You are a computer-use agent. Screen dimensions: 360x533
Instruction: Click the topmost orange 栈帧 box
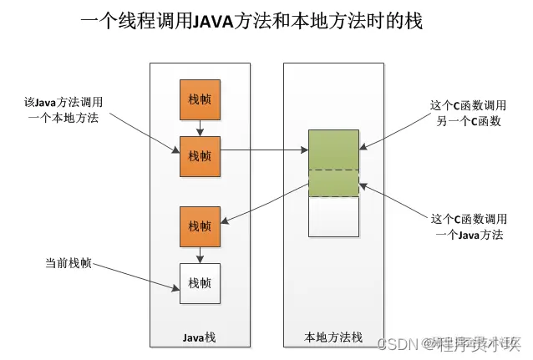tap(200, 99)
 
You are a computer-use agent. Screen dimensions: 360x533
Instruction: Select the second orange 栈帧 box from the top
tap(200, 156)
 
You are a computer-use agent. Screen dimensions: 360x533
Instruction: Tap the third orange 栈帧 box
tap(200, 226)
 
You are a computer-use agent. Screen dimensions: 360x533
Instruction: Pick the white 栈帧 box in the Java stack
tap(200, 282)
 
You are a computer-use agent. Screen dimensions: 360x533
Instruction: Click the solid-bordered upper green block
tap(333, 150)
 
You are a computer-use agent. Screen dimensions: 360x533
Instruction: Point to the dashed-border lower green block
tap(333, 183)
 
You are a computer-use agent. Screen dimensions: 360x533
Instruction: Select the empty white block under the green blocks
tap(333, 216)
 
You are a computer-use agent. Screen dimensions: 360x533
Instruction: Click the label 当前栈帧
tap(68, 263)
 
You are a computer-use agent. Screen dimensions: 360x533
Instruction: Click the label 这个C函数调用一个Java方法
tap(467, 227)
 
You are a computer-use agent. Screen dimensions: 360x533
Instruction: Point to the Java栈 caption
tap(200, 337)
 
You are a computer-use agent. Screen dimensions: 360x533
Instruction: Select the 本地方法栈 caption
tap(333, 337)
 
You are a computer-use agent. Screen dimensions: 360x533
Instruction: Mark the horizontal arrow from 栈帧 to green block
tap(263, 151)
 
